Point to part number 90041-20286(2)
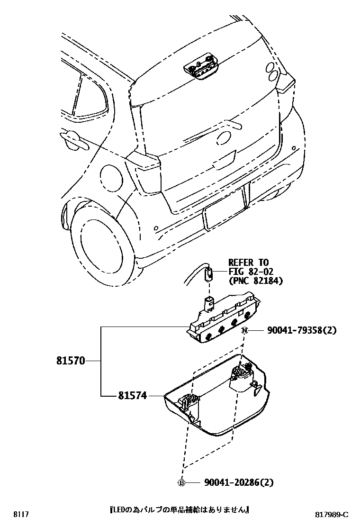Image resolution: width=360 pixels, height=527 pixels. pyautogui.click(x=239, y=482)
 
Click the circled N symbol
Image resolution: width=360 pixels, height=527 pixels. pyautogui.click(x=244, y=330)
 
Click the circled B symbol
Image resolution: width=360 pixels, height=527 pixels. pyautogui.click(x=181, y=482)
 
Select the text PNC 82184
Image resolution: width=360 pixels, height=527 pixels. pyautogui.click(x=256, y=281)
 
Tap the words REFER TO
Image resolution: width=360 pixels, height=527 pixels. pyautogui.click(x=248, y=262)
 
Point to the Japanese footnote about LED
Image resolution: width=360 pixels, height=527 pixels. pyautogui.click(x=180, y=510)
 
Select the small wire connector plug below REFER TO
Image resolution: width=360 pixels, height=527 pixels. pyautogui.click(x=209, y=274)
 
